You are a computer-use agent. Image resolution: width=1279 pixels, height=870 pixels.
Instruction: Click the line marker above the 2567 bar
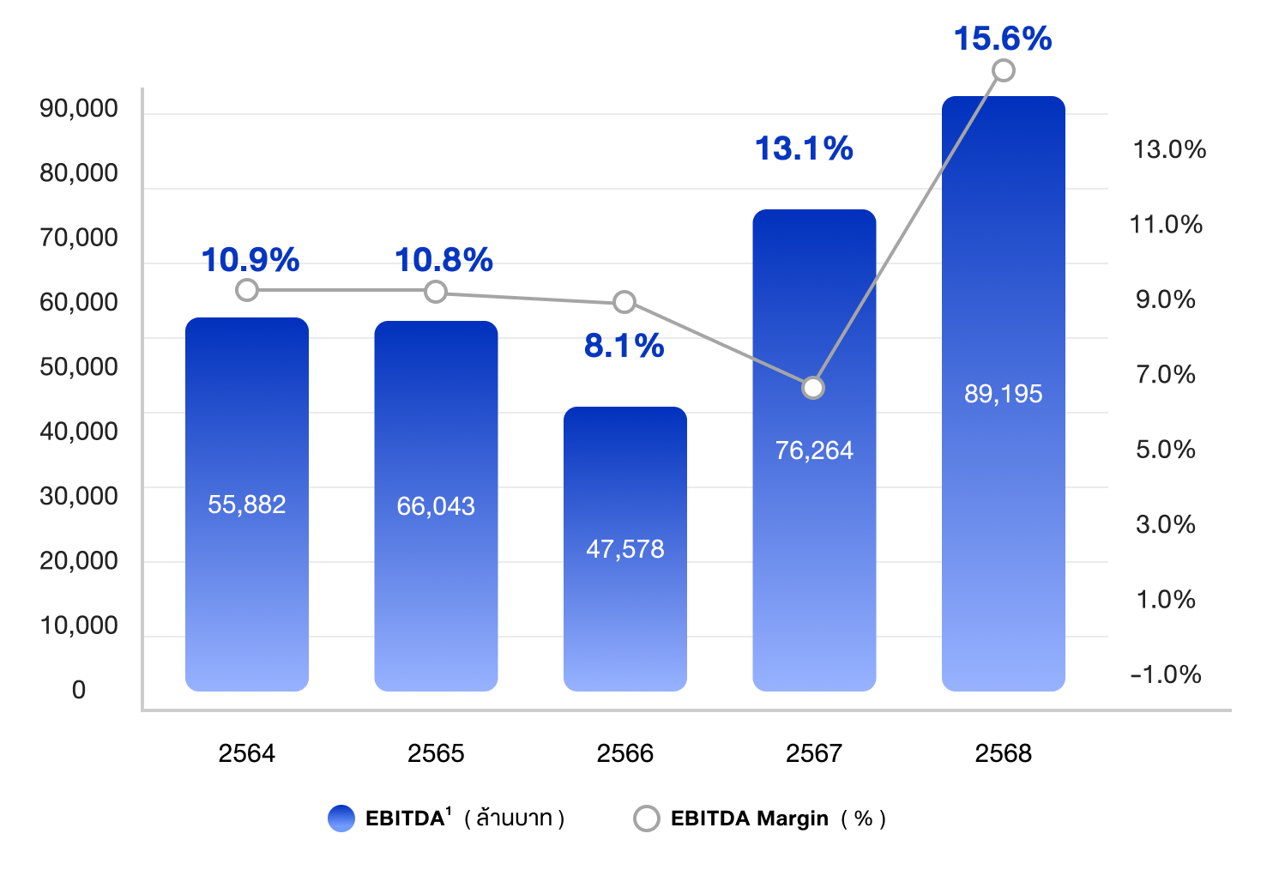813,388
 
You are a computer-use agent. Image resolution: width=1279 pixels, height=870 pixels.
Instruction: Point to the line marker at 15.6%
1003,70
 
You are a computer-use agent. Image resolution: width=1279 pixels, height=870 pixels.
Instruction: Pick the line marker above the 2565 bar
436,292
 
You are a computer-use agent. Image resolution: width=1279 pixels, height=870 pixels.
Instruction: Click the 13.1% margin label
804,148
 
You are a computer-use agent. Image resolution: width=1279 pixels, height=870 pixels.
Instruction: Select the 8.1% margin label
624,346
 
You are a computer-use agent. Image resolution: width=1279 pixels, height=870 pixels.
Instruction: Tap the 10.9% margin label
250,260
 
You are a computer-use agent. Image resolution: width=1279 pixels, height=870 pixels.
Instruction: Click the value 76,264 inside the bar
814,450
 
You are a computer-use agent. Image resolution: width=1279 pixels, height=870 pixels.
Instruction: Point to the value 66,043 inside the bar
436,506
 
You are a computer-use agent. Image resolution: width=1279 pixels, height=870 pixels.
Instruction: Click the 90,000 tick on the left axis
79,108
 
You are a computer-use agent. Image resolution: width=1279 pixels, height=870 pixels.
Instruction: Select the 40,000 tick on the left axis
79,431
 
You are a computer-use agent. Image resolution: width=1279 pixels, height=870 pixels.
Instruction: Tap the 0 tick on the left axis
79,690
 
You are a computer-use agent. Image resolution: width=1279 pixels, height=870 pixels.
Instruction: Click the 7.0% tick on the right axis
1165,374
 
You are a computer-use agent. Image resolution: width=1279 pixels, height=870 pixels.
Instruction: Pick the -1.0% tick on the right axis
1165,674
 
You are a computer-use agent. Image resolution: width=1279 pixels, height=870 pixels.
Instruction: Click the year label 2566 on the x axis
624,753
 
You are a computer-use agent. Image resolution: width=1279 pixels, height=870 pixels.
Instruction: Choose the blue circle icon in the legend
341,819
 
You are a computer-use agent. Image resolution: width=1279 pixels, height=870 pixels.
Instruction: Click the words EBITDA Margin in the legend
750,819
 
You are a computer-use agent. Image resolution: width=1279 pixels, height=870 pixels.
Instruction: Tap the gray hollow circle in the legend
646,819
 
